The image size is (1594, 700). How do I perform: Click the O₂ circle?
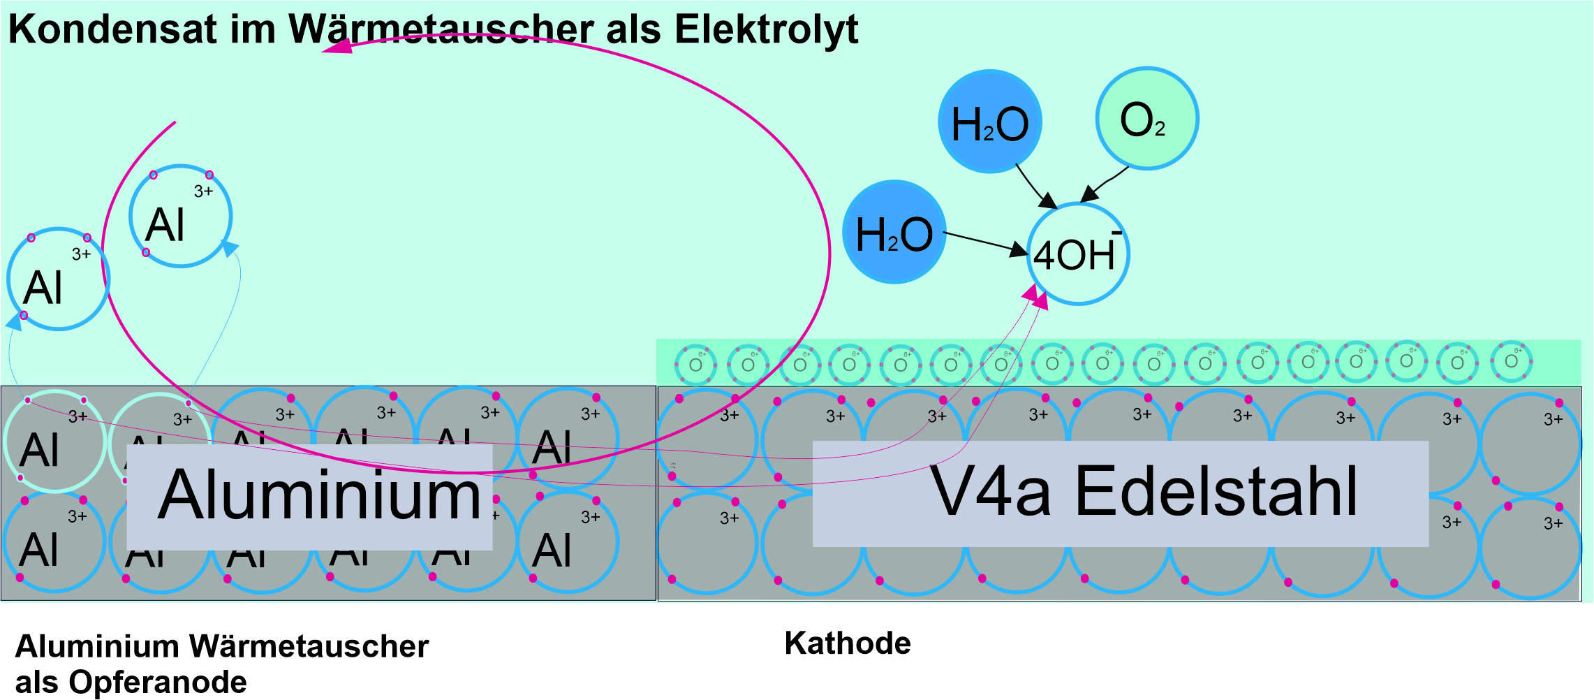pos(1146,119)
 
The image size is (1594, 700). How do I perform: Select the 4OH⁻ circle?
pos(1077,254)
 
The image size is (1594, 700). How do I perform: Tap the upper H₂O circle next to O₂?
pos(990,122)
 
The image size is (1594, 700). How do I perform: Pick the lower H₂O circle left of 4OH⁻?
pos(894,233)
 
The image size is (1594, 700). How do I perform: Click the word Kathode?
pos(848,643)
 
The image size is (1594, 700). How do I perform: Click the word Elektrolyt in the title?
pos(766,29)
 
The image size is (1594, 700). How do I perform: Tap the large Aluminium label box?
pos(309,496)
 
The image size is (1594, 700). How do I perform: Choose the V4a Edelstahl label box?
pos(1120,493)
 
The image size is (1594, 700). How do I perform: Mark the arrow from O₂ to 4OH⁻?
pos(1104,184)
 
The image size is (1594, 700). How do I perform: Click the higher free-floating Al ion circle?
pos(180,217)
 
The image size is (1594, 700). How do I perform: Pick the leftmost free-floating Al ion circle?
pos(58,279)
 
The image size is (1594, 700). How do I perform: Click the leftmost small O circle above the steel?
pos(695,365)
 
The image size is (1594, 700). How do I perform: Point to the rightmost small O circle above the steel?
pos(1511,361)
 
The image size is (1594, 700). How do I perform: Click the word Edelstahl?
pos(1216,493)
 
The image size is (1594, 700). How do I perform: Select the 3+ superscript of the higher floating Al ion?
pos(203,191)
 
